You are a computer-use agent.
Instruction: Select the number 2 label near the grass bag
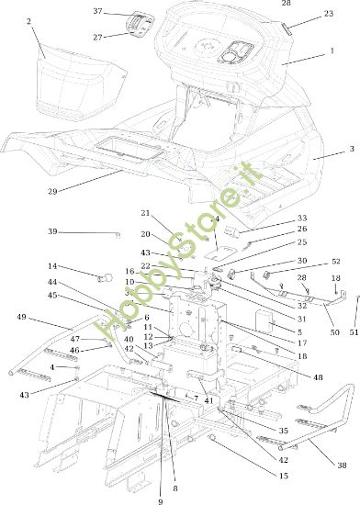tap(28, 20)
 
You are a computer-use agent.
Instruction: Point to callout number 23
tap(329, 14)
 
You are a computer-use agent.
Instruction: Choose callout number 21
tap(144, 213)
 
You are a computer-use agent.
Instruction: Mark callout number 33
tap(303, 218)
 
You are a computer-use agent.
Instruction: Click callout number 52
tap(335, 261)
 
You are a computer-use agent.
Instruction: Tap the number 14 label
tap(77, 266)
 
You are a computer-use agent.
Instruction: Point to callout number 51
tap(354, 333)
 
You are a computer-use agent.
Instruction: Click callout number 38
tap(342, 466)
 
